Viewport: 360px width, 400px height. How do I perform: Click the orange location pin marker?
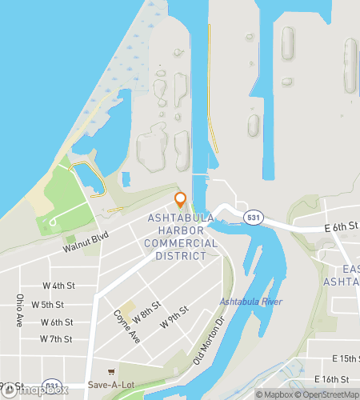pos(180,200)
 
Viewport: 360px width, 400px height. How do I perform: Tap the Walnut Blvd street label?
pos(87,243)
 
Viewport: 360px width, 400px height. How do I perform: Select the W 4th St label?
pos(58,286)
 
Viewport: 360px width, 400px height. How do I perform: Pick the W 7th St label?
pos(55,339)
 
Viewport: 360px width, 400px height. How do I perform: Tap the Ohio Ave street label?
pos(18,307)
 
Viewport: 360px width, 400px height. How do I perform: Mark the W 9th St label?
pos(174,317)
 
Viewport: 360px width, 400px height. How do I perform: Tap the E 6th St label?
pos(342,228)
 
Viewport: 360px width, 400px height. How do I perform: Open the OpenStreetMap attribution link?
pos(328,394)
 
